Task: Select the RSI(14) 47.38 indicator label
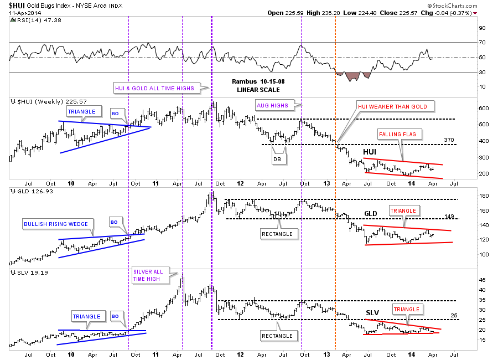[30, 21]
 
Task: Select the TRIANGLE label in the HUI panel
[81, 111]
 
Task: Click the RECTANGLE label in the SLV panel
[277, 336]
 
